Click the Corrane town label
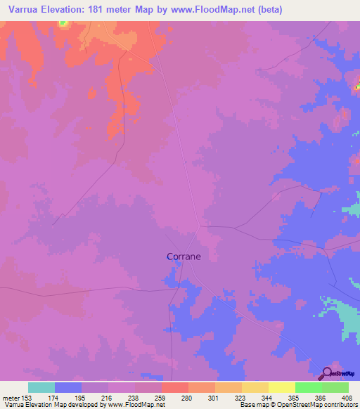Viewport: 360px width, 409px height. [x=184, y=257]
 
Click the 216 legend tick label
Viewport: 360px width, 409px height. [x=106, y=398]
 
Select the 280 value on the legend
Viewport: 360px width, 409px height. [x=186, y=398]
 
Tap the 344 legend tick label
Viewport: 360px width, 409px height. [x=266, y=398]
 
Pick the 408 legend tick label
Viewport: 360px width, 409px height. [x=346, y=398]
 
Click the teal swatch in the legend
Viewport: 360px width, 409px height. [x=41, y=387]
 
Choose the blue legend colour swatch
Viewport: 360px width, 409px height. [x=68, y=387]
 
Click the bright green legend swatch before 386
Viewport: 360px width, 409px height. [x=308, y=387]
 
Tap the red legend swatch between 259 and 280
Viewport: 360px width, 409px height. [x=174, y=387]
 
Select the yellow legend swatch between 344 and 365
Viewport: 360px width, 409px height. [x=281, y=387]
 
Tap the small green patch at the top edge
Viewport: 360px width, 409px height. [x=63, y=23]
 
